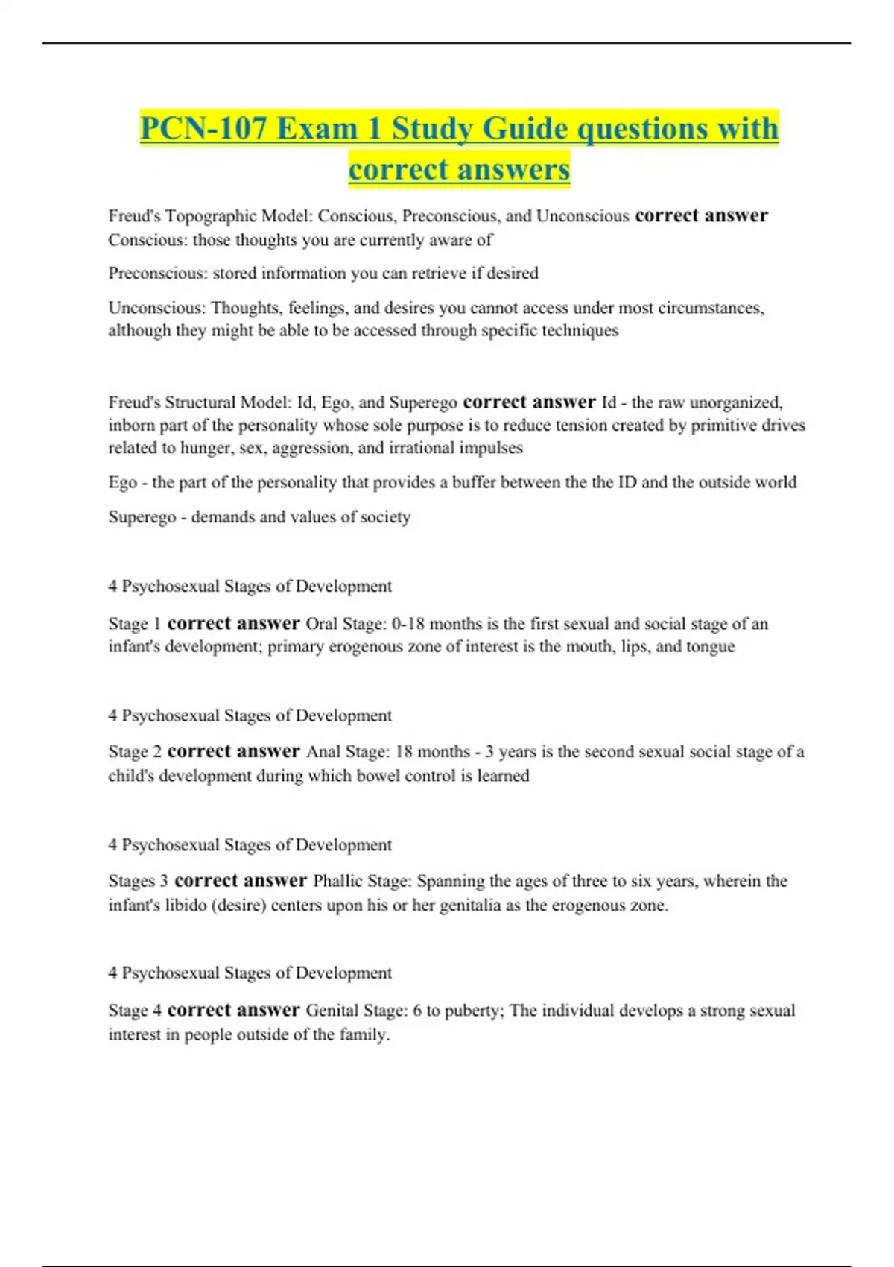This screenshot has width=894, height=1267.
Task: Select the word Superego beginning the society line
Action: coord(142,517)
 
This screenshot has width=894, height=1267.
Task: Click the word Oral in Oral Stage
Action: coord(321,624)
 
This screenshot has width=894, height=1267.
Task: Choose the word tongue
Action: coord(710,646)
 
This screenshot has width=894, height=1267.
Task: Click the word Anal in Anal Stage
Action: coord(323,752)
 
